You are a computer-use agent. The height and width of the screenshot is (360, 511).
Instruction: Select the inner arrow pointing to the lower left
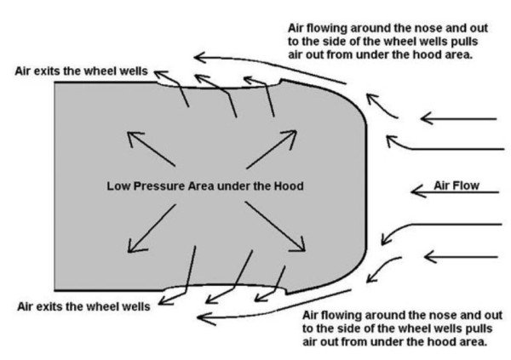pos(150,229)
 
